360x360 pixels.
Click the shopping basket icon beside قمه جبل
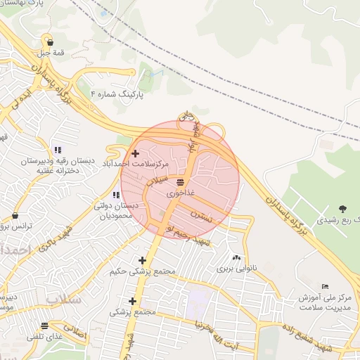pyautogui.click(x=48, y=41)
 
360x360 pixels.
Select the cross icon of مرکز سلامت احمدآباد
pyautogui.click(x=135, y=153)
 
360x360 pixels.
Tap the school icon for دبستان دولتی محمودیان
pyautogui.click(x=115, y=195)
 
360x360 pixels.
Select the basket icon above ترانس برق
pyautogui.click(x=15, y=216)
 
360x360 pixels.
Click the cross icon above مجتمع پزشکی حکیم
pyautogui.click(x=143, y=260)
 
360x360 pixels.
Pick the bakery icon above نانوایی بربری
pyautogui.click(x=236, y=258)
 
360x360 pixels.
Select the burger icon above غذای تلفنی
pyautogui.click(x=45, y=326)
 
